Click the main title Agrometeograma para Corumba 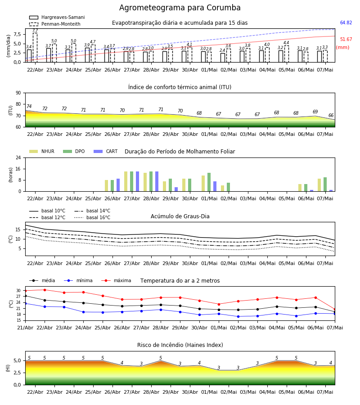180,8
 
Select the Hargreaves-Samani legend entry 57,17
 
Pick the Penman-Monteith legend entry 55,24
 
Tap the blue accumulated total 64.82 346,23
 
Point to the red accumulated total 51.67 346,40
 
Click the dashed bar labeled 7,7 35,48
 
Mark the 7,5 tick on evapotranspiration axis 17,34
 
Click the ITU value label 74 29,106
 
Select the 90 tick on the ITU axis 18,93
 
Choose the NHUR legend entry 42,151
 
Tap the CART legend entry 106,151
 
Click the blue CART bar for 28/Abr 157,181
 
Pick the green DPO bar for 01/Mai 209,182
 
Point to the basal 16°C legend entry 92,217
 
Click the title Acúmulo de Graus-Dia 180,216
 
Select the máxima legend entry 116,280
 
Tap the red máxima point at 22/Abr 45,290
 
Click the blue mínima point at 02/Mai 238,316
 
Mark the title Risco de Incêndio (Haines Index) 180,345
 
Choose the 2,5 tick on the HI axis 17,373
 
